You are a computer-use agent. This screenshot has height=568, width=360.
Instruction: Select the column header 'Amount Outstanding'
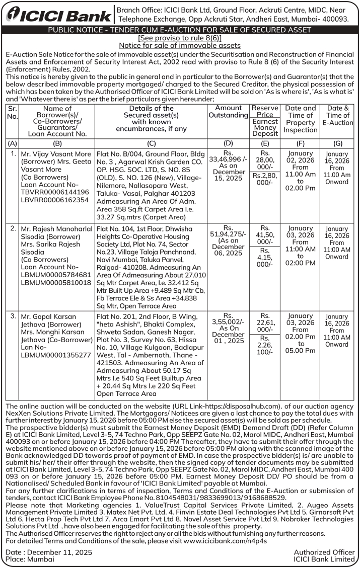click(x=228, y=112)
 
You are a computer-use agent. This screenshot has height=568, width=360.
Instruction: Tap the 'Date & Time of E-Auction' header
click(x=337, y=115)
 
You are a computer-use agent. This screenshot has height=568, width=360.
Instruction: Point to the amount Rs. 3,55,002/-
click(x=228, y=323)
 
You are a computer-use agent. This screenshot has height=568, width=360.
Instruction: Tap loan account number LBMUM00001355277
click(x=56, y=355)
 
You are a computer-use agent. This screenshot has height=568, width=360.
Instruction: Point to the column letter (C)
click(x=151, y=143)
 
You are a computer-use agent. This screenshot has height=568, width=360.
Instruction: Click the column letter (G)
click(x=337, y=143)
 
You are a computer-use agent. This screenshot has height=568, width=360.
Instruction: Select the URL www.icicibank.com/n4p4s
click(x=225, y=541)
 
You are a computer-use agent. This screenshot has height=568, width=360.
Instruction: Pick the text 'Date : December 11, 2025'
click(x=49, y=552)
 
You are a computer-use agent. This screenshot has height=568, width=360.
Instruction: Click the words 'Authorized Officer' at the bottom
click(x=324, y=552)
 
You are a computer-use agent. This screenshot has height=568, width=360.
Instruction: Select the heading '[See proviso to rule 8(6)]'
click(x=180, y=38)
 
